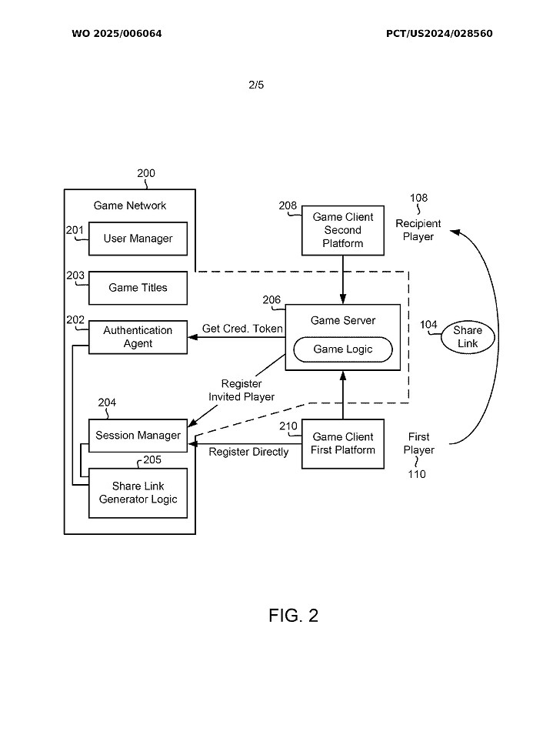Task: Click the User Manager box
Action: [138, 239]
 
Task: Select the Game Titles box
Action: [138, 288]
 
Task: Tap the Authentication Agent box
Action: [138, 337]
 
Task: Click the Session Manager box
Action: [138, 436]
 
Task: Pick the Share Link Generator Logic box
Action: [138, 493]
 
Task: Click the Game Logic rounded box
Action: [342, 349]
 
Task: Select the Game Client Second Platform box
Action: [342, 230]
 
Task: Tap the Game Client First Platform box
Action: [342, 443]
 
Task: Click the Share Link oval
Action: [468, 337]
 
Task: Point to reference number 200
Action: [146, 173]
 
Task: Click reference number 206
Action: [271, 300]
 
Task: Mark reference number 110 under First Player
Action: [418, 474]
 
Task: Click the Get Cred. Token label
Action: [242, 329]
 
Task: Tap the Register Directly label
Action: [248, 452]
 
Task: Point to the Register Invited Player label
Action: [242, 390]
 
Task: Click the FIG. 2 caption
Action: [293, 616]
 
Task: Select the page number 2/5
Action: [256, 85]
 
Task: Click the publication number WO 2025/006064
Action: [117, 34]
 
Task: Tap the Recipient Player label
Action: [418, 230]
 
